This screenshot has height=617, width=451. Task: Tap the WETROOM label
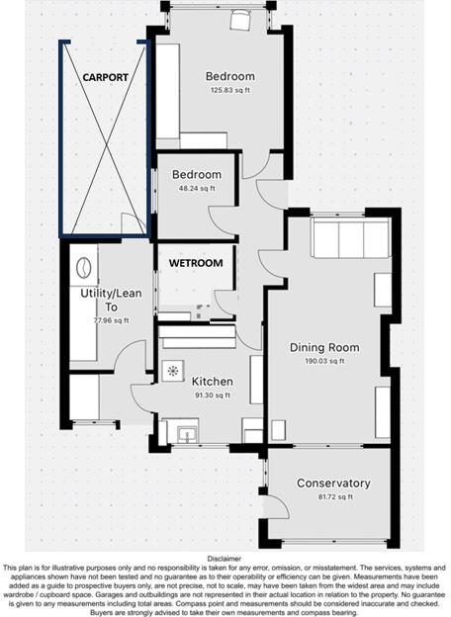[x=194, y=263]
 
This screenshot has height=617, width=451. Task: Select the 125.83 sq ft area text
[x=229, y=91]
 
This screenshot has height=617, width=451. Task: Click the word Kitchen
[x=212, y=382]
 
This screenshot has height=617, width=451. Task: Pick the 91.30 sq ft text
[x=212, y=395]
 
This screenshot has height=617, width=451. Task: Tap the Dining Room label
[x=323, y=347]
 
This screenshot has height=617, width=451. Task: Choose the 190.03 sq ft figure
[x=323, y=361]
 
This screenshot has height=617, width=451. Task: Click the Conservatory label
[x=333, y=484]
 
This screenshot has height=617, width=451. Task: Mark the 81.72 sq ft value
[x=333, y=496]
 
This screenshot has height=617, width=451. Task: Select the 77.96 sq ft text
[x=111, y=320]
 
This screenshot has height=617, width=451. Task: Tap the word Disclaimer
[x=225, y=558]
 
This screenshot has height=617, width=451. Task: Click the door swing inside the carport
[x=133, y=223]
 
